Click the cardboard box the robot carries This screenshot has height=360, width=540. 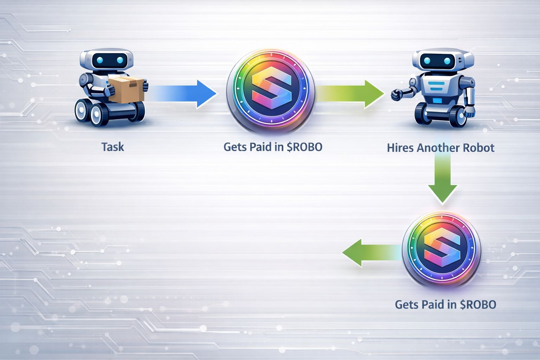tap(126, 90)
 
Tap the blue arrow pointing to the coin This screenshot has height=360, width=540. tap(183, 94)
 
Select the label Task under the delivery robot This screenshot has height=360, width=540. tap(112, 147)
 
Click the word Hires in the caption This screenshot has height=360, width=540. tap(400, 148)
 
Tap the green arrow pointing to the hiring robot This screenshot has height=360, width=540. tap(352, 94)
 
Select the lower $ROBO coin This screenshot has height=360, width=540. tap(442, 247)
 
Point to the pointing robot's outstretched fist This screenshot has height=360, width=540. tap(397, 94)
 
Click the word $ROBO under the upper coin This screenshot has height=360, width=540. tap(304, 147)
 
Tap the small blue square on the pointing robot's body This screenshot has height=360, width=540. tap(437, 101)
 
